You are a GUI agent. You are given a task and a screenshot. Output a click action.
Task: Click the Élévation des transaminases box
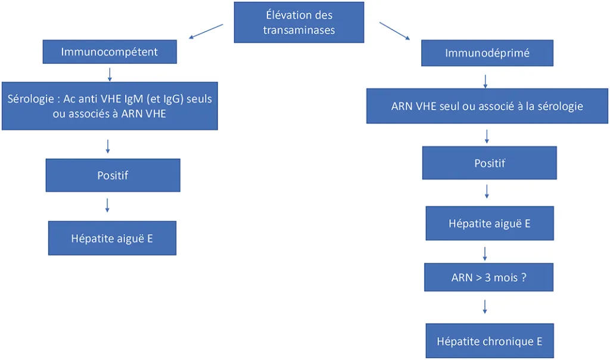pos(298,22)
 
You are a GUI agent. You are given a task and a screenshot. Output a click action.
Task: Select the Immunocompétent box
pos(110,52)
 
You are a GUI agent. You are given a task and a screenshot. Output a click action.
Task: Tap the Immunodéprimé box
pos(487,53)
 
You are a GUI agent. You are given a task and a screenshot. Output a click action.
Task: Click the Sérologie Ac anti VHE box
pos(110,106)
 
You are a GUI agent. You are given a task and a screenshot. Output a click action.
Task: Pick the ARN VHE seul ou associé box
pos(487,106)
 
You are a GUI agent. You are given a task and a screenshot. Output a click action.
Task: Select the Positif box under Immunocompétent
pos(113,175)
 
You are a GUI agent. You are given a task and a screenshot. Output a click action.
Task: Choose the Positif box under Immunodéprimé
pos(489,163)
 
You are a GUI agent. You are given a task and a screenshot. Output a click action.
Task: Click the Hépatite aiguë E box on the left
pos(113,238)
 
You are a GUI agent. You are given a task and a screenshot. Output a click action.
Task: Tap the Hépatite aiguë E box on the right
pos(489,224)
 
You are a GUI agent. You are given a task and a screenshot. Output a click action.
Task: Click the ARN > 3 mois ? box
pos(488,278)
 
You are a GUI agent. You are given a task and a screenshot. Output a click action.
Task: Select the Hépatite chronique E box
pos(489,341)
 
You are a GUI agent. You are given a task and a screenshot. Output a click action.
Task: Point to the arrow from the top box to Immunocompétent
pos(206,32)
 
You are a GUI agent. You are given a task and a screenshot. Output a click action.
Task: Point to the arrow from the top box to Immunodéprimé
pos(394,31)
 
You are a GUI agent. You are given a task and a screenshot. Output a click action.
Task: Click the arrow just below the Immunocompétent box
pos(110,73)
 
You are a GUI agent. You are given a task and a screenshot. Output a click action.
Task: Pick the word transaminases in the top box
pos(298,30)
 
